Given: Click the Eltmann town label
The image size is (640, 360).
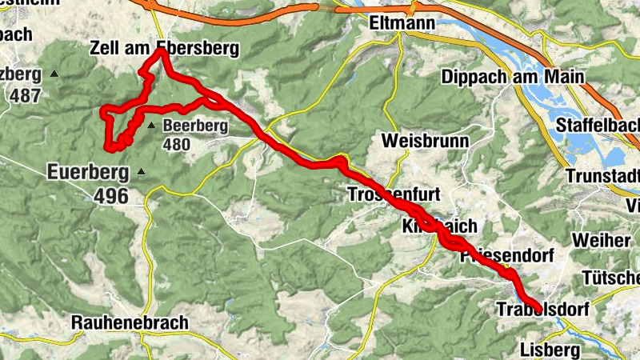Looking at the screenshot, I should coord(402,24).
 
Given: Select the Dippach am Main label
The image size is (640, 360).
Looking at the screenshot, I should coord(512,78).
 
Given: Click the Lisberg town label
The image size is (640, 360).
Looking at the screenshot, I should coord(549,350).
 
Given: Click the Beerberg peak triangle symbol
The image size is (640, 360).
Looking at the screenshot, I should coord(151,126).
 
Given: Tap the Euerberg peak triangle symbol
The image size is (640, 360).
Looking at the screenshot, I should coord(142,171).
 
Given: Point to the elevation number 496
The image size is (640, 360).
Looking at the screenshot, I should coord(110,196).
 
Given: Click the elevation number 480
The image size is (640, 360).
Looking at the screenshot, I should coord(176,145).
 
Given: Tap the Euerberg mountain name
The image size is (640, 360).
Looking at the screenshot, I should coord(88,171).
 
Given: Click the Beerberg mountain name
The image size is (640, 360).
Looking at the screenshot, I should coord(195,126).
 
